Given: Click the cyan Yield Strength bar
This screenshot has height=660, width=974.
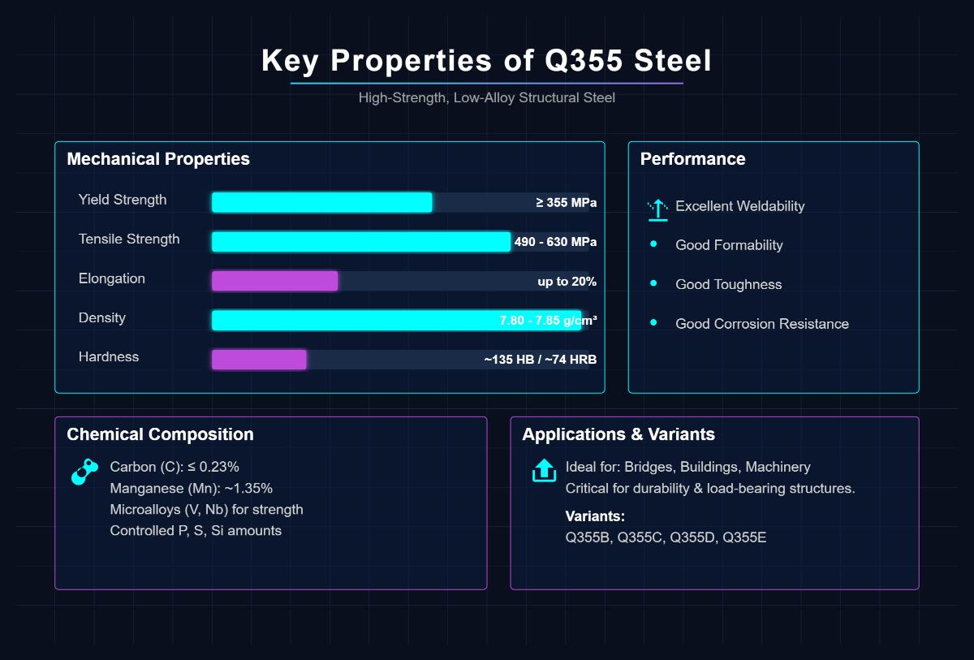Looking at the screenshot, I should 321,203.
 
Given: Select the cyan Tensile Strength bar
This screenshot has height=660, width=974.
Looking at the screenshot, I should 360,242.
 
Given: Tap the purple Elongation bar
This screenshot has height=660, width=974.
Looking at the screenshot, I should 274,281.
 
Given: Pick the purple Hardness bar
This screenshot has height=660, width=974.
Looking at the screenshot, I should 259,360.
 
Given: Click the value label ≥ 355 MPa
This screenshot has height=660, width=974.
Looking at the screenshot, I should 566,203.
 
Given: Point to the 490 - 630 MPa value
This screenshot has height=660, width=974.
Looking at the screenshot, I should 555,242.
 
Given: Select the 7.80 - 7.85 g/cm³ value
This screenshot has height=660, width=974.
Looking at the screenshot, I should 548,321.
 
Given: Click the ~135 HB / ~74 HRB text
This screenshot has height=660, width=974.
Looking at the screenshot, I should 540,360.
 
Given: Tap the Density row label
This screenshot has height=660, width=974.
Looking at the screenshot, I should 102,317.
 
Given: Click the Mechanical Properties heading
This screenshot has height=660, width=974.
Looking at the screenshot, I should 158,159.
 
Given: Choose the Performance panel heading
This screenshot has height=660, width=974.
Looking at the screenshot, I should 692,159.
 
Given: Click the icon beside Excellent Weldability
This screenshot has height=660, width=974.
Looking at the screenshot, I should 657,209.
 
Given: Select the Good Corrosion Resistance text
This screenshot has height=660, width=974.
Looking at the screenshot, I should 761,324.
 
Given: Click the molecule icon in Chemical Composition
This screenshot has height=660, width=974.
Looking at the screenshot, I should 84,472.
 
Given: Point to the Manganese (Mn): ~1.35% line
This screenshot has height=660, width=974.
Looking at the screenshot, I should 191,489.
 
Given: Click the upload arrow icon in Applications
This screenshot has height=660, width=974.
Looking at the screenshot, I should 543,470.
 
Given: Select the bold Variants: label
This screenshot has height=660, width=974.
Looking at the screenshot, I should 595,516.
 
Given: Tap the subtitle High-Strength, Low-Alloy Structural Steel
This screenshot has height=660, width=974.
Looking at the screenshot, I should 487,98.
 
